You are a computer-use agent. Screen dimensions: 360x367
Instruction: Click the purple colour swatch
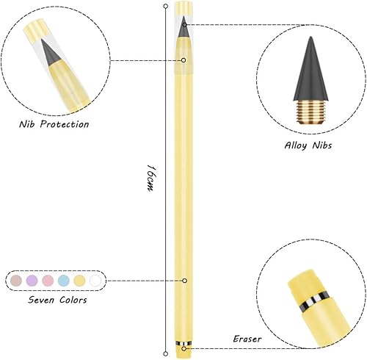[32, 281]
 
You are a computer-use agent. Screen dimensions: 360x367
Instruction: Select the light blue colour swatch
[63, 281]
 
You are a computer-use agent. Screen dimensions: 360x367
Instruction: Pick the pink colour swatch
[48, 281]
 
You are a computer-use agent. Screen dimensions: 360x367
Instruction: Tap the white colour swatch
[95, 281]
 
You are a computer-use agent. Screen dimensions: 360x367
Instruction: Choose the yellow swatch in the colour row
[79, 281]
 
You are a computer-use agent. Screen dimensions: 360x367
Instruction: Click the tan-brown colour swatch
[16, 281]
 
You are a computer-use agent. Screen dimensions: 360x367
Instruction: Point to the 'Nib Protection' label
[54, 124]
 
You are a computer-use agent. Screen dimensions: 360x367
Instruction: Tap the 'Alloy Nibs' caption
[308, 145]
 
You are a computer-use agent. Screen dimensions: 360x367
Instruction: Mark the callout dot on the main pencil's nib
[183, 24]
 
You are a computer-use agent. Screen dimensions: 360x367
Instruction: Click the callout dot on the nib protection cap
[183, 60]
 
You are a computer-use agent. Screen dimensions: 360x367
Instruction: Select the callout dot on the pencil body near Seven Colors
[186, 281]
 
